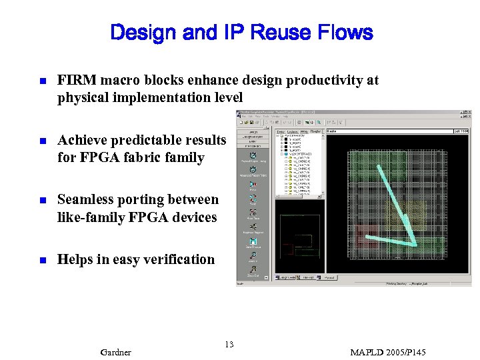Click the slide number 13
click(229, 344)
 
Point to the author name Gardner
click(115, 352)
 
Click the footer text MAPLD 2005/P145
click(387, 352)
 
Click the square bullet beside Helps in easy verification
click(41, 260)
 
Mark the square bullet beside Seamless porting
click(41, 200)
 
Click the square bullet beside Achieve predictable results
click(41, 141)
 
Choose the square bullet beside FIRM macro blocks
click(41, 81)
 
